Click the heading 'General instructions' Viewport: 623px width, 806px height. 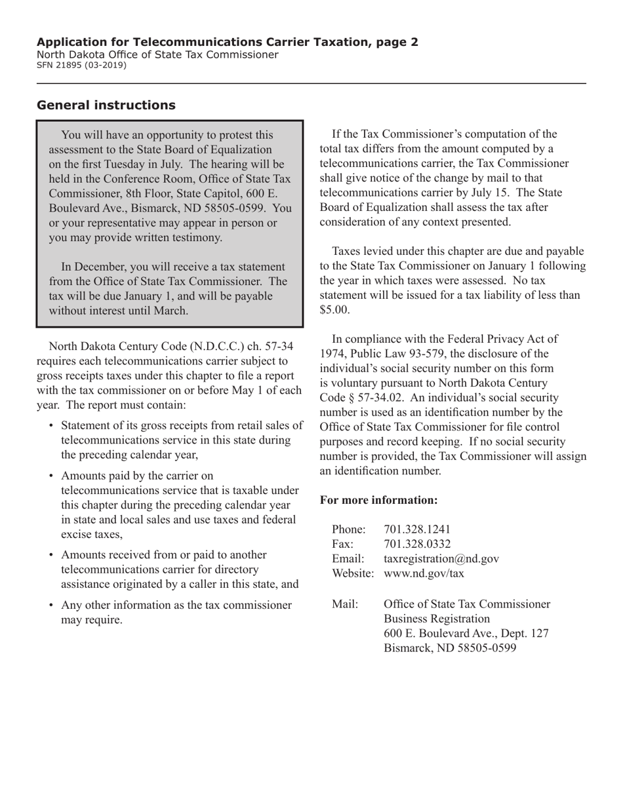106,106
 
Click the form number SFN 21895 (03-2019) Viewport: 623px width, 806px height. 82,66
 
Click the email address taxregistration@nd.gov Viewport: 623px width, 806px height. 441,558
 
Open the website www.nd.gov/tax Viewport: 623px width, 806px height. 424,573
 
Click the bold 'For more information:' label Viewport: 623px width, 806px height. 378,500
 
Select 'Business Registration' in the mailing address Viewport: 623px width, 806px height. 437,619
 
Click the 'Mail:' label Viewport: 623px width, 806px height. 346,604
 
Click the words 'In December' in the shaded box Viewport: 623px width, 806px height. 92,266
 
